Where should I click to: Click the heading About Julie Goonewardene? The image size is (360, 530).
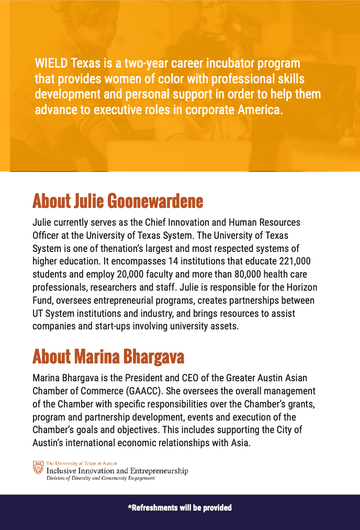118,201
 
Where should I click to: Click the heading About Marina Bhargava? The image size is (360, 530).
108,357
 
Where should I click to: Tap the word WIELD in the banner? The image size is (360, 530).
51,64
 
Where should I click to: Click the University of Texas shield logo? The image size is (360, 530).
38,468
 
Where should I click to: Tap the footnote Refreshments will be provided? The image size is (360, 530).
180,507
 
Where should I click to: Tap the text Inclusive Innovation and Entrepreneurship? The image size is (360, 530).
117,471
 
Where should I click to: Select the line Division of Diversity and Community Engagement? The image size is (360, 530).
100,478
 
